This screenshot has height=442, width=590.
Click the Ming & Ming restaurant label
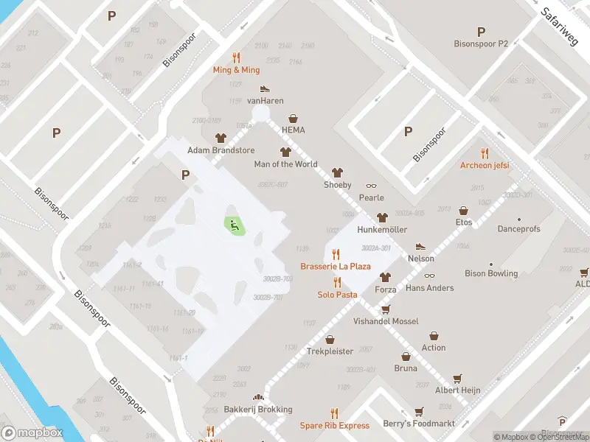click(x=236, y=70)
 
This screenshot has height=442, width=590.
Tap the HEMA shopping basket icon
click(x=294, y=119)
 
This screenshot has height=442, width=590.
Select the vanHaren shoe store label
click(x=265, y=101)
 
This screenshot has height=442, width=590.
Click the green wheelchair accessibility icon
click(x=235, y=225)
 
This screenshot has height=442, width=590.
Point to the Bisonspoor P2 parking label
click(x=481, y=43)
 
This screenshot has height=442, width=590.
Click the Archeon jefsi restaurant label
click(x=485, y=166)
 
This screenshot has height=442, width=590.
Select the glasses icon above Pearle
click(x=371, y=186)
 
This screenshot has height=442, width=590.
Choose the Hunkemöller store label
click(x=381, y=230)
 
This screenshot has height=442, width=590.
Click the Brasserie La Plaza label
click(x=335, y=266)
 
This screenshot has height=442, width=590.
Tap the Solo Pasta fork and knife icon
click(x=338, y=282)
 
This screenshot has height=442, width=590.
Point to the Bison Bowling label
click(x=491, y=273)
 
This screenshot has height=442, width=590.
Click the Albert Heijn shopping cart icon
click(x=457, y=378)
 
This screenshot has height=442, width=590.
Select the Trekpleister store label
click(x=330, y=351)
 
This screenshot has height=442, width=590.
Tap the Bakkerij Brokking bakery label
click(x=257, y=410)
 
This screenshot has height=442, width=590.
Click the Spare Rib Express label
click(x=334, y=426)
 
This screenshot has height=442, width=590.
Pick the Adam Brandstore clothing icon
click(x=221, y=138)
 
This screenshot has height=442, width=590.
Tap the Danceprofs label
click(x=518, y=229)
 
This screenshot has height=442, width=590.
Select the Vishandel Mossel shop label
click(x=385, y=321)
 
